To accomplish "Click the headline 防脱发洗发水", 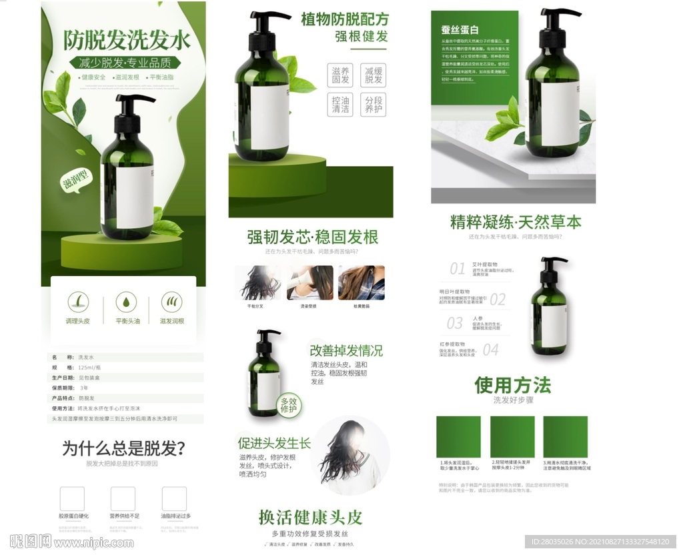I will (x=127, y=41).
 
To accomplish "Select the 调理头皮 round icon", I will (x=77, y=302).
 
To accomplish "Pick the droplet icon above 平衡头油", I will (x=126, y=302).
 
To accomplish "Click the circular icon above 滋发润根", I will (x=171, y=302).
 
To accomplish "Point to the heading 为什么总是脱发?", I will (x=123, y=448).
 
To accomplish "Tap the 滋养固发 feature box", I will (x=340, y=75).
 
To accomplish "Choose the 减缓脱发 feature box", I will (x=374, y=75).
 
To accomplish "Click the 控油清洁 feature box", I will (x=340, y=105).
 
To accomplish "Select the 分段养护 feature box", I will (x=374, y=105).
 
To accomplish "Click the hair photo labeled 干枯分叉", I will (x=257, y=283).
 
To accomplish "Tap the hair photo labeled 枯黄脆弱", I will (x=362, y=283).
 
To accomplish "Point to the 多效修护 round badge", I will (x=288, y=404).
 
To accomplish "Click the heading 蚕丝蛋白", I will (x=460, y=30).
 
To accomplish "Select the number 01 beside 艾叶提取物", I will (x=457, y=269).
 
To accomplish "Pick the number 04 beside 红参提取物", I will (x=490, y=350).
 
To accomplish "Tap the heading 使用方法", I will (x=512, y=385).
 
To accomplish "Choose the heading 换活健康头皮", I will (x=310, y=517).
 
